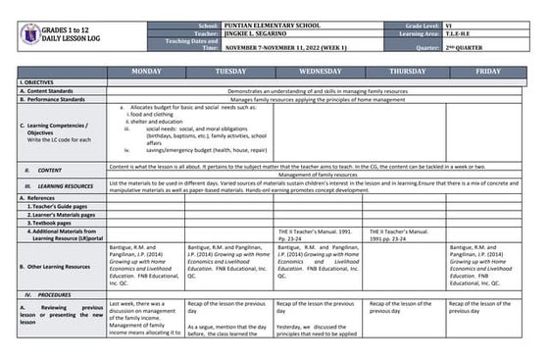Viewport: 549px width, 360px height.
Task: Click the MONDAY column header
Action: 146,72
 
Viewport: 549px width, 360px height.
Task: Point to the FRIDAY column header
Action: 488,72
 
